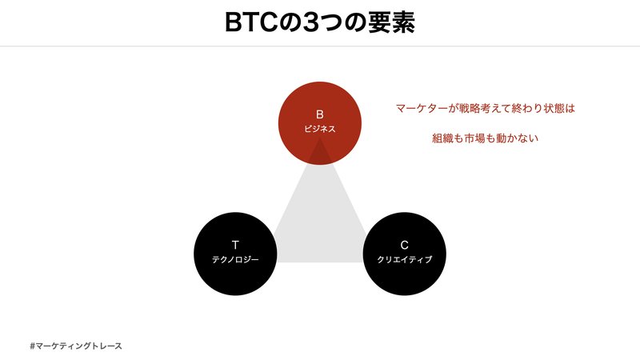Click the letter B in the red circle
(x=320, y=114)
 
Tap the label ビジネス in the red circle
(x=320, y=128)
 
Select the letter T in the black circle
(x=235, y=244)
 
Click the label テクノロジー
(x=235, y=259)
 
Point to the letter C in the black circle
(x=404, y=244)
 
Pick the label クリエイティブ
(x=404, y=259)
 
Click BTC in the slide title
(x=251, y=22)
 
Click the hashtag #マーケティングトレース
(x=75, y=346)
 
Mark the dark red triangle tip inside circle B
(x=320, y=153)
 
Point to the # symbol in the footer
(x=31, y=346)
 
